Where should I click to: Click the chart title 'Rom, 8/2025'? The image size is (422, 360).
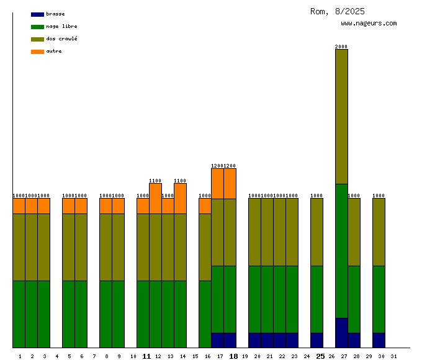tap(338, 11)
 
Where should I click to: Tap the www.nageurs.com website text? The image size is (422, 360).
tap(369, 23)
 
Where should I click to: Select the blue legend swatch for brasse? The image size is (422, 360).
tap(37, 14)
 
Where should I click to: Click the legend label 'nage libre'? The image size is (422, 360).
tap(61, 26)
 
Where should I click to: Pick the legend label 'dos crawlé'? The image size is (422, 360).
tap(61, 38)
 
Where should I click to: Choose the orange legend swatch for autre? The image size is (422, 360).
tap(37, 52)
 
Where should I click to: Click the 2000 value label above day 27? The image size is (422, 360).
tap(341, 46)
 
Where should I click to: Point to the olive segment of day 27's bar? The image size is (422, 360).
tap(341, 116)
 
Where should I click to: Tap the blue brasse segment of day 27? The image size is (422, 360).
tap(341, 333)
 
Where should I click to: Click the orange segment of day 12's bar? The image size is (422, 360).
tap(155, 199)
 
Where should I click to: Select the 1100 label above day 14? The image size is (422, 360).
tap(180, 181)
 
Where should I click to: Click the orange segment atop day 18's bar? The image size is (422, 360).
tap(230, 184)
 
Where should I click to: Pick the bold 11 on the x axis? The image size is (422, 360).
tap(146, 356)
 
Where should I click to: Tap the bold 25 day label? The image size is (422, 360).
tap(320, 356)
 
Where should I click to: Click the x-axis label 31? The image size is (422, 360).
tap(393, 356)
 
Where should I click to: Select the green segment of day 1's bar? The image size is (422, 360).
tap(19, 314)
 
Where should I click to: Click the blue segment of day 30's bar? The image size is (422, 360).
tap(379, 340)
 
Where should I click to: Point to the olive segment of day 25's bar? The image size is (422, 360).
tap(316, 232)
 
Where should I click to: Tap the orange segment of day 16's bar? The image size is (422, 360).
tap(205, 206)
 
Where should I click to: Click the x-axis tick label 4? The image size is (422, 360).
tap(56, 356)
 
